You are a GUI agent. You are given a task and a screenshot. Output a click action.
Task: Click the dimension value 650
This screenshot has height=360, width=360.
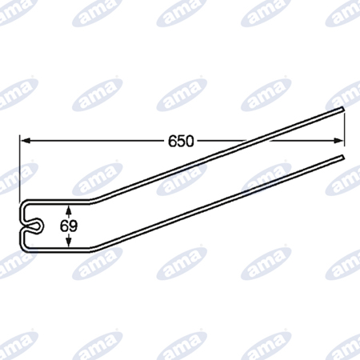[x=181, y=141]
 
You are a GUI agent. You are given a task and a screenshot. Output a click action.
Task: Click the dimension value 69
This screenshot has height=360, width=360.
[x=69, y=226]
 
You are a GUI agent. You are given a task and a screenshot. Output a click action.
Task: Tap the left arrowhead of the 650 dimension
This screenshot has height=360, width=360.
[x=26, y=141]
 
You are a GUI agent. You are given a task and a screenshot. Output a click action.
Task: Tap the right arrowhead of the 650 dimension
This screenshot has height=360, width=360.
[x=338, y=141]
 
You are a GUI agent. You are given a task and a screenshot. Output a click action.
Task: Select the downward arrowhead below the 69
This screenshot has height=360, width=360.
[x=69, y=242]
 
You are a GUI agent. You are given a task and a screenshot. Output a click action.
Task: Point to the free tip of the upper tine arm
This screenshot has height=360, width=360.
[x=342, y=108]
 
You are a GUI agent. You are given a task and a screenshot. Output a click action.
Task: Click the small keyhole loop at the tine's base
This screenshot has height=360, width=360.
[x=34, y=226]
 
